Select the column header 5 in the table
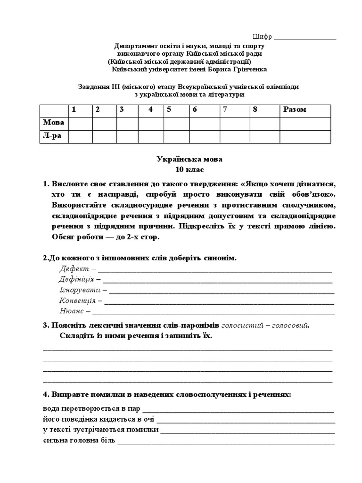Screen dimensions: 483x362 (168, 109)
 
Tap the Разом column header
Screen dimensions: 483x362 (295, 109)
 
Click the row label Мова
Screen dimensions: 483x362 (53, 123)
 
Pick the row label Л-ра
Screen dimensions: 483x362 (52, 136)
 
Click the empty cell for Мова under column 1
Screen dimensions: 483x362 (80, 123)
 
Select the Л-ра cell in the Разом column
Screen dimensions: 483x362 (305, 136)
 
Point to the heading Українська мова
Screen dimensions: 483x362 (189, 159)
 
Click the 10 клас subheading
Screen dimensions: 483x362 (189, 169)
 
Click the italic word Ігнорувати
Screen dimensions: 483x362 (80, 290)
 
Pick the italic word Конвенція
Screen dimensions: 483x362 (77, 300)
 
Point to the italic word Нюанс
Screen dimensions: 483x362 (71, 311)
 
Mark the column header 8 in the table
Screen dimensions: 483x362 (255, 109)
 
